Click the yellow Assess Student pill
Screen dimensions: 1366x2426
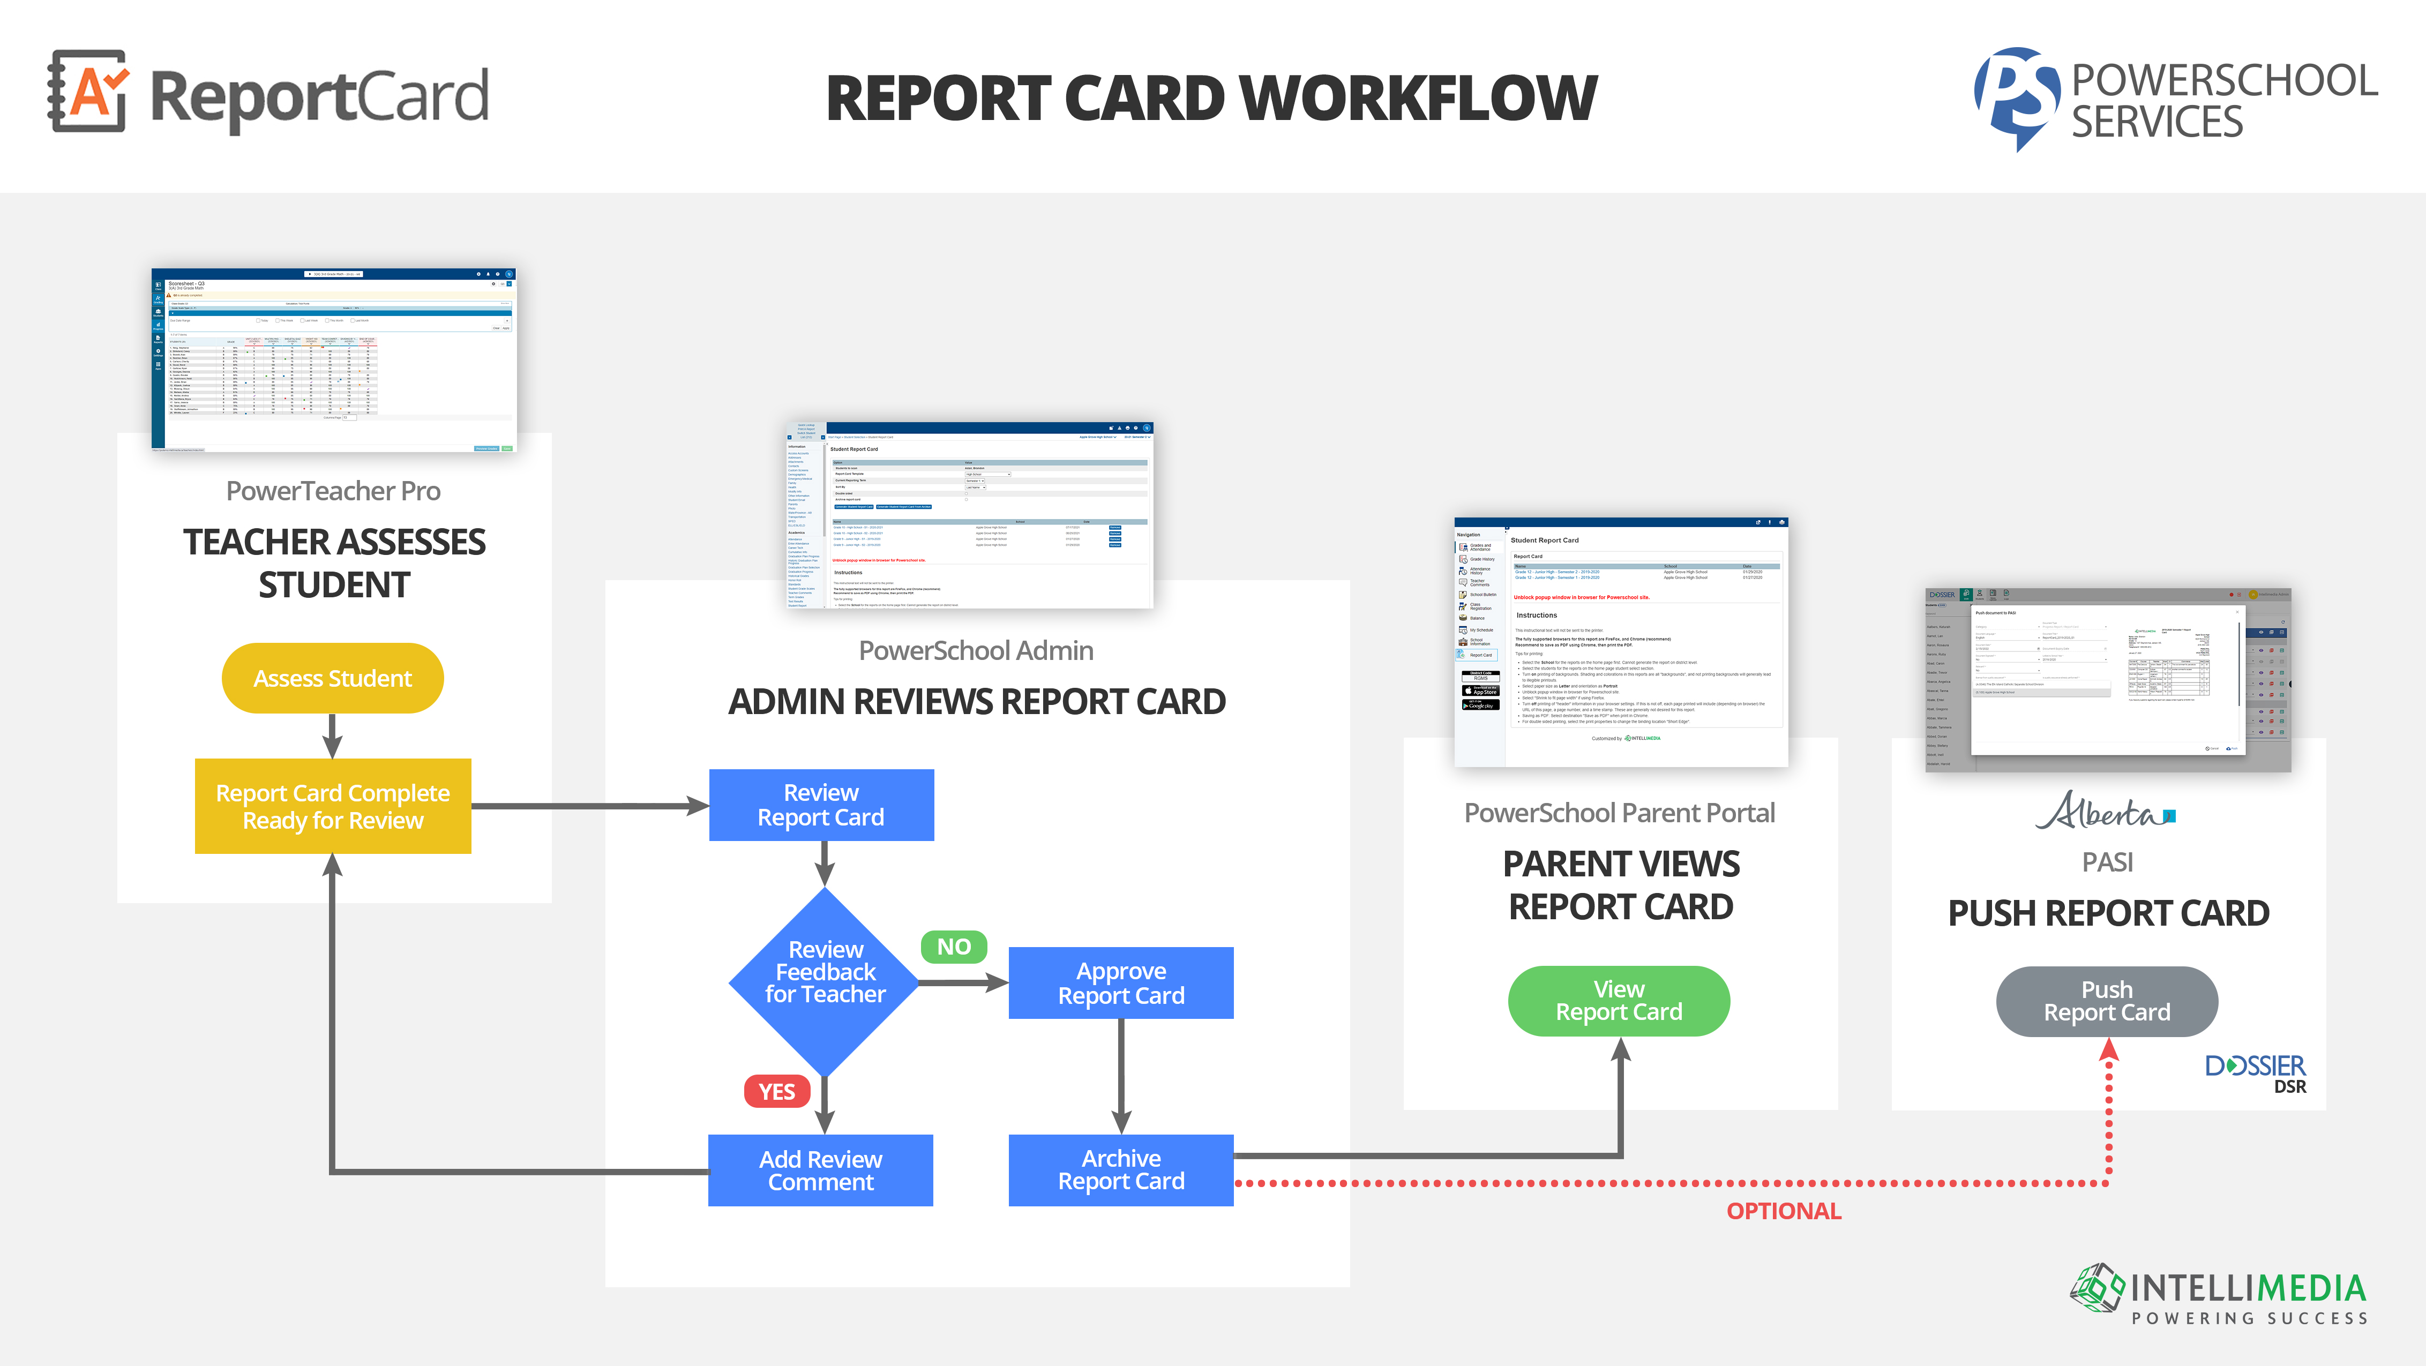(x=332, y=678)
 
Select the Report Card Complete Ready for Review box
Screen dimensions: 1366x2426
(x=332, y=806)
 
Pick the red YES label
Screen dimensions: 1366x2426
(x=777, y=1091)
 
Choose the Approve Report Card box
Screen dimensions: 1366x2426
(x=1121, y=983)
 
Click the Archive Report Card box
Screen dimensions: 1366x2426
(x=1121, y=1169)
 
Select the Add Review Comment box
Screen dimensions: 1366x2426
(x=820, y=1170)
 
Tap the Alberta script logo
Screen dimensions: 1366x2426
(x=2105, y=810)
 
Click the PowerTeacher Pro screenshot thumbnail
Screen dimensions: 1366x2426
(x=333, y=359)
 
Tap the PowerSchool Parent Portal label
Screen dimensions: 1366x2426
(x=1619, y=813)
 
